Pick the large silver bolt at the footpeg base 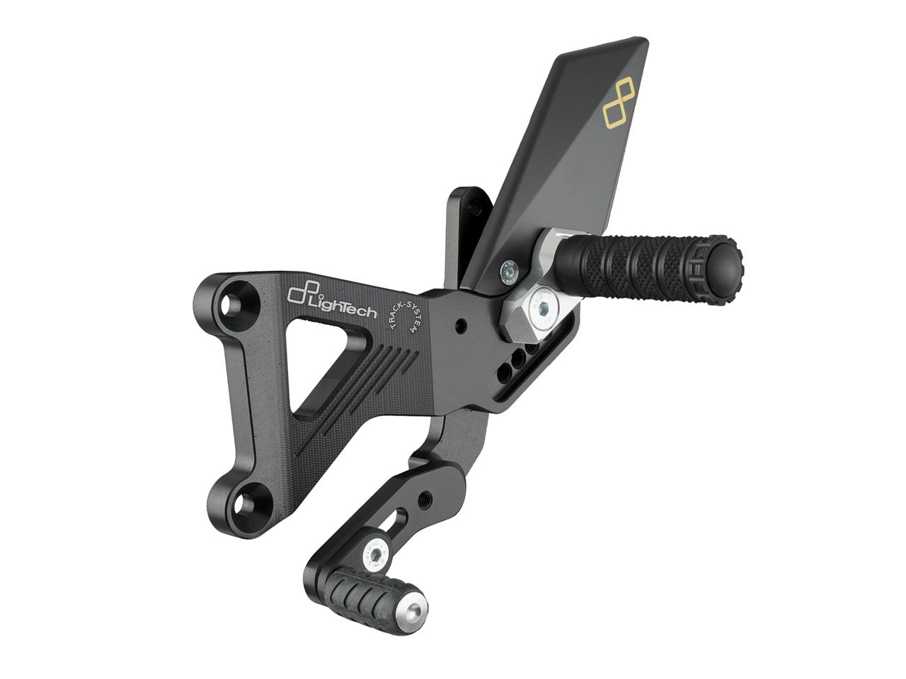pyautogui.click(x=544, y=308)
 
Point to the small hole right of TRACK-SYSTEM pyautogui.click(x=461, y=327)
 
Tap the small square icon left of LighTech pyautogui.click(x=295, y=291)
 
